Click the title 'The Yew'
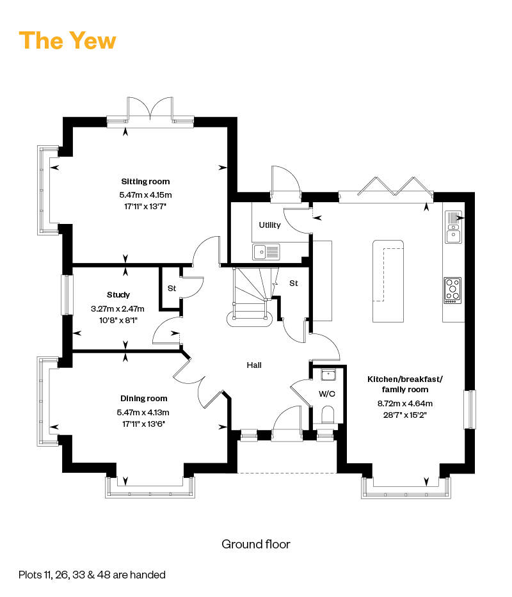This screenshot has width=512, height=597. pos(67,40)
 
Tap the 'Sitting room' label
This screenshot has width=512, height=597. pos(145,182)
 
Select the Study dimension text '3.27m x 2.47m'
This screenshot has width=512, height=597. pos(118,309)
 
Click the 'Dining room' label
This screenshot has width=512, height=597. pos(144,399)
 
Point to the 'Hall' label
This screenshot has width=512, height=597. pos(254,365)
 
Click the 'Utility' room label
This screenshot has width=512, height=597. pos(269,225)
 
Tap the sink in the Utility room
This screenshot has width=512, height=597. pos(266,251)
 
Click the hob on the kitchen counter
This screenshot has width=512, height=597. pos(452,290)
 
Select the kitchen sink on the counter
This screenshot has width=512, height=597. pos(453,227)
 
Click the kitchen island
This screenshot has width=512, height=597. pos(388,281)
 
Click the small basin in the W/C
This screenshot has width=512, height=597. pos(328,375)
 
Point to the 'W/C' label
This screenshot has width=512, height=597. pos(327,394)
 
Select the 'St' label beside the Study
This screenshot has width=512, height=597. pos(172,289)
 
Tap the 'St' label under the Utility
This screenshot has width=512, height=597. pos(293,283)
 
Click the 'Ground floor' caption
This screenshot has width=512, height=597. pos(255,545)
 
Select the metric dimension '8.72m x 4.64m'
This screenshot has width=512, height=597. pos(405,404)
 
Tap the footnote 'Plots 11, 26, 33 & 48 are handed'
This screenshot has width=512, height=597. pos(92,575)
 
